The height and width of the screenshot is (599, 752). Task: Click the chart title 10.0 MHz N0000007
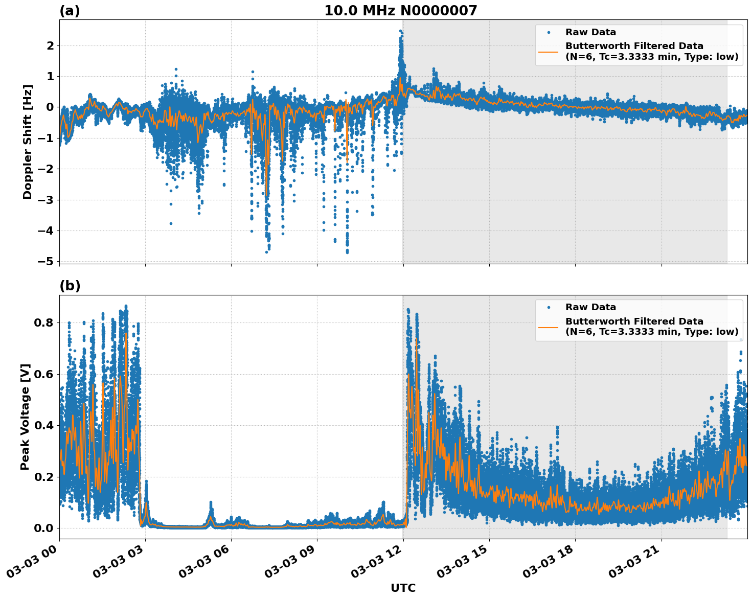pos(400,11)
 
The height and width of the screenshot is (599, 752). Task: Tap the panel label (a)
pos(70,11)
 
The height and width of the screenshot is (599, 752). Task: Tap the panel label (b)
pos(70,286)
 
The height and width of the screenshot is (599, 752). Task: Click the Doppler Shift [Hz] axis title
pos(28,142)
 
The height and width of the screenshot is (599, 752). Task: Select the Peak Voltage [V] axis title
pos(25,417)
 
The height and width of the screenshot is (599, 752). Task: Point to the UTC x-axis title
pos(403,588)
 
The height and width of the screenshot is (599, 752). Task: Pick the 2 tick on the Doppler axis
pos(51,46)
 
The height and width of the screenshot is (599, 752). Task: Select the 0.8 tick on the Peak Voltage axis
pos(44,322)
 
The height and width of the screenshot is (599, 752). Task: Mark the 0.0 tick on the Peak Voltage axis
pos(44,528)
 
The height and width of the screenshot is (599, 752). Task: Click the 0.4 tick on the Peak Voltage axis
pos(44,425)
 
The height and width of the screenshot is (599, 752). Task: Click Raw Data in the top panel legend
pos(590,32)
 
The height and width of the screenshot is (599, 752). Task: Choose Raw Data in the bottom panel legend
pos(590,307)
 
